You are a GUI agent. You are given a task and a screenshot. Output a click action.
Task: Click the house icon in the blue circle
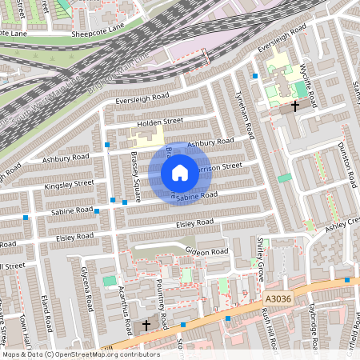point(180,172)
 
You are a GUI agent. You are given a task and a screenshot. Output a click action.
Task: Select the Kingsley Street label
point(69,184)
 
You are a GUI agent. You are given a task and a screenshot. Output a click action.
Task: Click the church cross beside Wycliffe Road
point(295,105)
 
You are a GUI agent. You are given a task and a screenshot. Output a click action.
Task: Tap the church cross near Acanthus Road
point(146,326)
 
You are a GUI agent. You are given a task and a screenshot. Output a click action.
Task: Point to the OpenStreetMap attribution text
point(80,354)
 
